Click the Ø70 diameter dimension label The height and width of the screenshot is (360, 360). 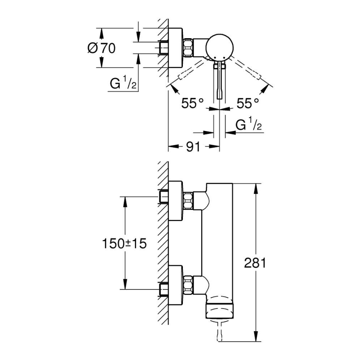click(101, 48)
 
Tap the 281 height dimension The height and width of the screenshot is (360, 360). click(254, 263)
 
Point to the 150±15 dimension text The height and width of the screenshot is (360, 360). click(124, 243)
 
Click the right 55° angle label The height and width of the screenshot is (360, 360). click(248, 103)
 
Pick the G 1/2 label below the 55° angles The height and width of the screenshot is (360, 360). click(248, 124)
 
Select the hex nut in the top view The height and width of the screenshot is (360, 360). click(188, 47)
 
